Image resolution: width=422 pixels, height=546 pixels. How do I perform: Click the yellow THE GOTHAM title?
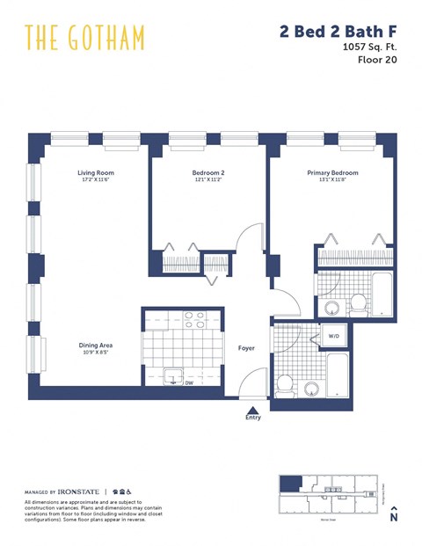pos(84,38)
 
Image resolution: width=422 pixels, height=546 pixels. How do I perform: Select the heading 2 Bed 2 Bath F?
pos(337,32)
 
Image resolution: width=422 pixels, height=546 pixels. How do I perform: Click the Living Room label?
pos(95,173)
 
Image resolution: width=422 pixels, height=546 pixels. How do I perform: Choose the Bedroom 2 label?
pos(208,173)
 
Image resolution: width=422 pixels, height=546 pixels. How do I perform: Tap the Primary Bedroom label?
pos(332,173)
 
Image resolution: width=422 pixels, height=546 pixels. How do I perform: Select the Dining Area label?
pos(95,346)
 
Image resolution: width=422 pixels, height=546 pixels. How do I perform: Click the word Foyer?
pos(246,348)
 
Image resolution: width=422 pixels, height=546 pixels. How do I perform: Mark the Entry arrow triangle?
pos(253,409)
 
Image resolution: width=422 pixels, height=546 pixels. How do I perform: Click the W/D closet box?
pos(334,336)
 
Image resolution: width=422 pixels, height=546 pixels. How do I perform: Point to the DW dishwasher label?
pos(188,382)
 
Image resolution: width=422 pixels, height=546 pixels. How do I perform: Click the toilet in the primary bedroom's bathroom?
pos(358,304)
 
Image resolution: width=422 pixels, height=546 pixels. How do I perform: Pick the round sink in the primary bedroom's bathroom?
pos(332,308)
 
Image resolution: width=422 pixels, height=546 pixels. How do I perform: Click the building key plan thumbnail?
pos(331,495)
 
